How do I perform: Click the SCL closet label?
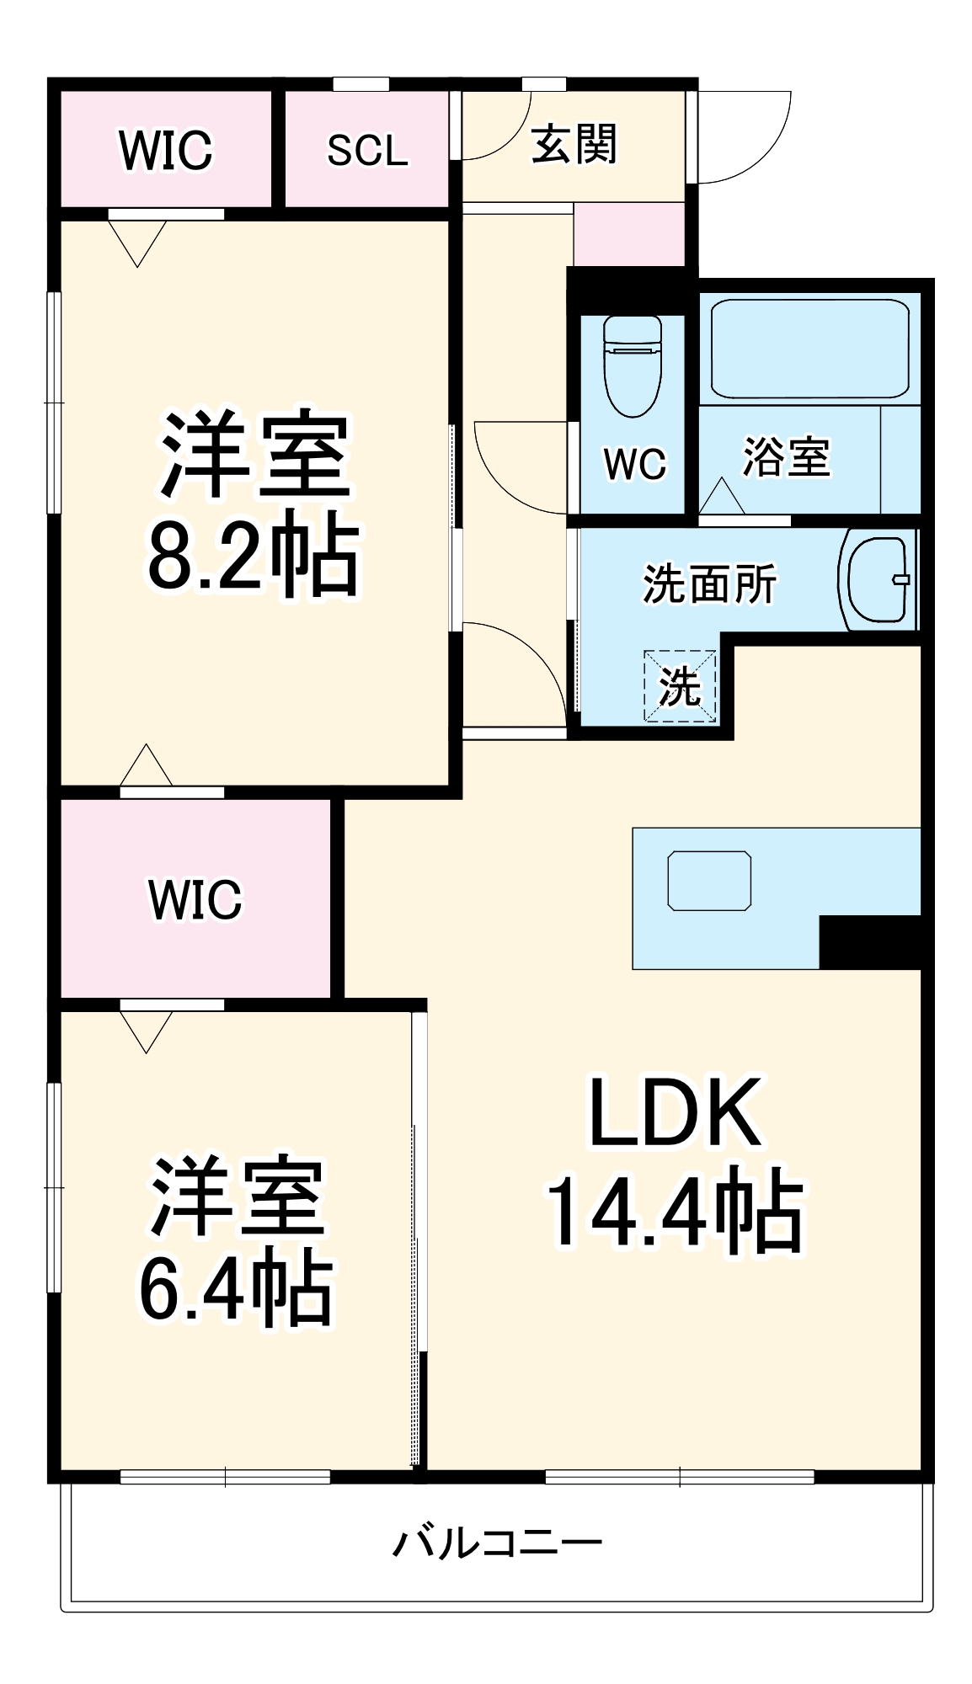coord(367,151)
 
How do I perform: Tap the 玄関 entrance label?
coord(574,144)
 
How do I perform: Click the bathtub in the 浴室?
coord(809,349)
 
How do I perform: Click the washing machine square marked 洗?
coord(680,686)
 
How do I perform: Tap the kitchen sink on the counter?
coord(709,881)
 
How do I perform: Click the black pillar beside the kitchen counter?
coord(868,941)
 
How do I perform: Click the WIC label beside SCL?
coord(166,151)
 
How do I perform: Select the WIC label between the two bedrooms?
coord(195,899)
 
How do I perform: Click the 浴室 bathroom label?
coord(786,457)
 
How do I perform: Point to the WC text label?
coord(634,464)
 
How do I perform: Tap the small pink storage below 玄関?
coord(628,233)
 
